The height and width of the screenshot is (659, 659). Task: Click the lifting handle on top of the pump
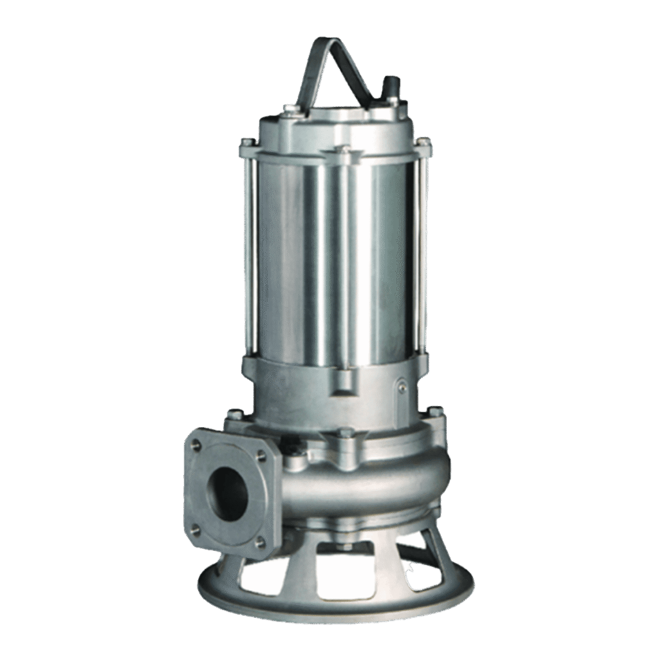(335, 55)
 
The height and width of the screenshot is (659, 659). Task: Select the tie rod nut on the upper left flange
(245, 144)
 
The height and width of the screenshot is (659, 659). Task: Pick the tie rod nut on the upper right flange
(423, 143)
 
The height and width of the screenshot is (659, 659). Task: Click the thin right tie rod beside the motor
(423, 257)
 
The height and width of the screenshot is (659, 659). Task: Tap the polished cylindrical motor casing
(335, 257)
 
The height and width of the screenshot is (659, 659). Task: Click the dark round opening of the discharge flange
(230, 492)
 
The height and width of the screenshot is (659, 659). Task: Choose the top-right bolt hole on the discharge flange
(261, 455)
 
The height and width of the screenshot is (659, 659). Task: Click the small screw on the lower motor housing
(402, 387)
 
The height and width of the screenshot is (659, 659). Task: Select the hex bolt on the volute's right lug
(435, 412)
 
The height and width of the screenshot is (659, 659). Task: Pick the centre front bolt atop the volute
(346, 432)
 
